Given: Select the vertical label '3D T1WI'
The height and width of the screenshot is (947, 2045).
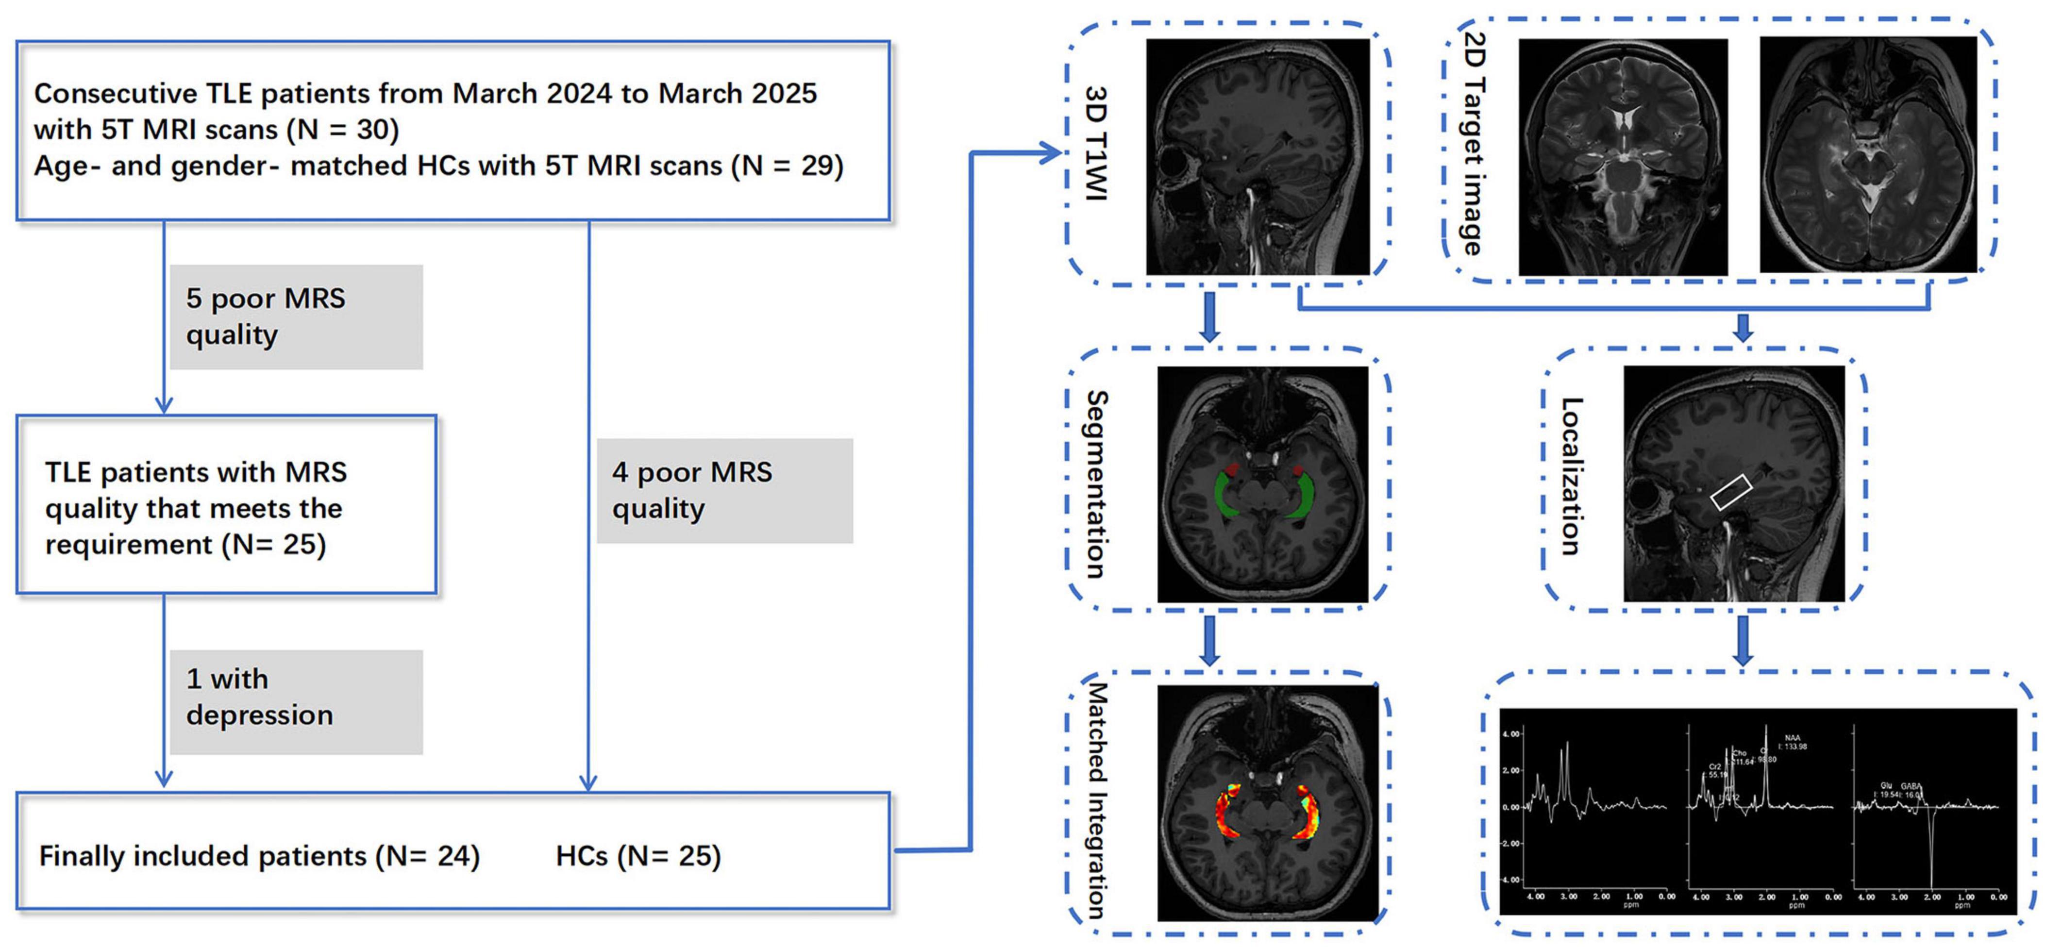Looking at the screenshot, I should [1096, 143].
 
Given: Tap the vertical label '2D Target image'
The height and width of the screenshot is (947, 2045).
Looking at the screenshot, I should [1473, 143].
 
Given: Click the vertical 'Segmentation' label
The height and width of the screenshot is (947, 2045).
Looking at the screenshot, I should [1096, 484].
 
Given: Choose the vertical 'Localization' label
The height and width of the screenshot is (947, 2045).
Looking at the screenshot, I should [1571, 476].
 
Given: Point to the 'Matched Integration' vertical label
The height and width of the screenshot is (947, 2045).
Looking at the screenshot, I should [1096, 800].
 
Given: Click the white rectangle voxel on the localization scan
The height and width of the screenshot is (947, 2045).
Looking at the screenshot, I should [1731, 492].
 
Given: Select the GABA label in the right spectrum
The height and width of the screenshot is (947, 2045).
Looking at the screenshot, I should [1909, 786].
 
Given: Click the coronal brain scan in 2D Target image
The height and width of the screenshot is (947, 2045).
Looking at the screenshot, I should [1623, 157].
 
